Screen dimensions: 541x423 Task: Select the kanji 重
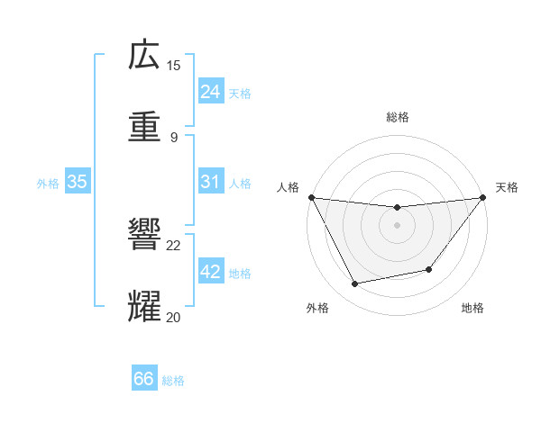(x=144, y=127)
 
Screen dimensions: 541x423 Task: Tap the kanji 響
(x=144, y=235)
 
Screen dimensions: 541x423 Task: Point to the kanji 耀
(x=144, y=307)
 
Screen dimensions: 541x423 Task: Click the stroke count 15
(x=174, y=65)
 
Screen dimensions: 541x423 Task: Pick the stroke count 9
(x=174, y=137)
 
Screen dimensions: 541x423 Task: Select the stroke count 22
(x=174, y=245)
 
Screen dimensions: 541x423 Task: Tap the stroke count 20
(x=174, y=317)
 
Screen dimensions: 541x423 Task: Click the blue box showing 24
(x=210, y=92)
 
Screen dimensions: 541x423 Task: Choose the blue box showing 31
(x=210, y=182)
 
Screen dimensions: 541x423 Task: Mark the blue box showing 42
(x=210, y=272)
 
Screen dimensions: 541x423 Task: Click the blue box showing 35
(x=77, y=182)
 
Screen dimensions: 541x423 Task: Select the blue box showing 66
(x=144, y=379)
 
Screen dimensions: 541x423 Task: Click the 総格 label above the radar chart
(x=397, y=117)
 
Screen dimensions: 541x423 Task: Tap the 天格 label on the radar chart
(x=508, y=187)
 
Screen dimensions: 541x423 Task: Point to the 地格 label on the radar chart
(x=472, y=308)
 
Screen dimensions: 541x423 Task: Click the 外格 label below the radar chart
(x=317, y=308)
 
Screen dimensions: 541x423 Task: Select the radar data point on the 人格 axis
(x=311, y=197)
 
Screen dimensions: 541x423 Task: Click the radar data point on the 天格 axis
(x=482, y=197)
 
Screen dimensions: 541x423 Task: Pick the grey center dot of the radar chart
(x=397, y=225)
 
